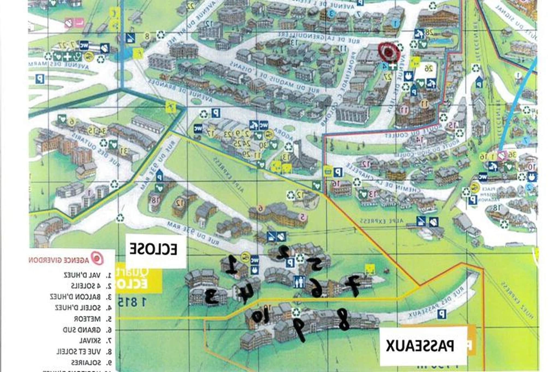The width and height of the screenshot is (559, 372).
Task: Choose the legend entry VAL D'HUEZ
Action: click(87, 275)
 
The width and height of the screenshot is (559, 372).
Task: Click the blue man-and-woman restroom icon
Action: click(300, 282)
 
